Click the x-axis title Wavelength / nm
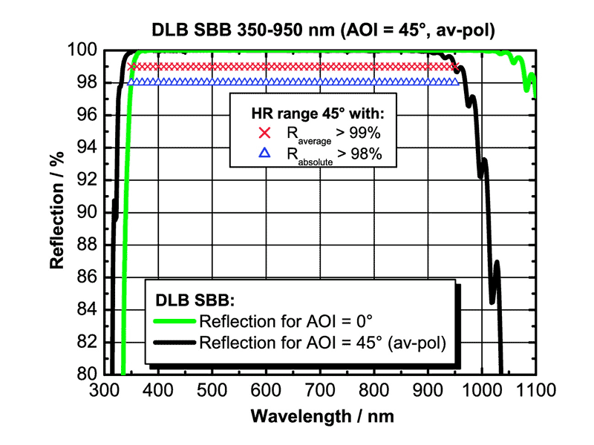coord(322,415)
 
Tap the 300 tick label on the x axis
coord(103,389)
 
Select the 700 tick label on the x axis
coord(319,389)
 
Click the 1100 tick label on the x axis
coord(534,389)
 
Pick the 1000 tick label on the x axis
coord(480,389)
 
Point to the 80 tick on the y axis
coord(87,374)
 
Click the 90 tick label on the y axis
coord(87,212)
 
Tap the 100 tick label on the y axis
coord(83,50)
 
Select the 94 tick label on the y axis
coord(87,148)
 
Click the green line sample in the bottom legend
coord(175,322)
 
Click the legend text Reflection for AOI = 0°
coord(286,322)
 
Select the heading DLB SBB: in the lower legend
coord(195,300)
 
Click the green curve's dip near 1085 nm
coord(526,89)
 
